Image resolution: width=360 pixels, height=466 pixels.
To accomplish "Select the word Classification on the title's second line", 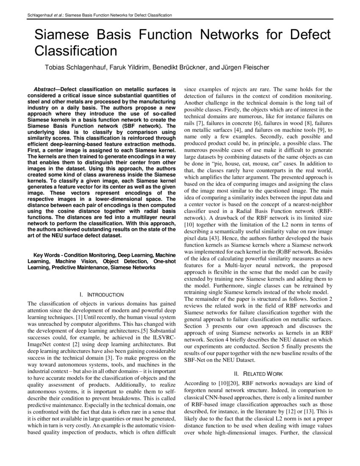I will coord(75,51).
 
